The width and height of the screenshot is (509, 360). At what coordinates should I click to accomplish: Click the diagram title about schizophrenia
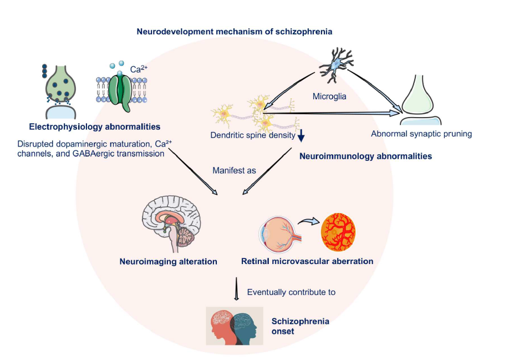235,32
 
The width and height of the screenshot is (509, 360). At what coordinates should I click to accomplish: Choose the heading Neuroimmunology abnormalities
365,156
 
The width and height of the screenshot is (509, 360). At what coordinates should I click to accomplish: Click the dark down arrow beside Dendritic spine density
301,136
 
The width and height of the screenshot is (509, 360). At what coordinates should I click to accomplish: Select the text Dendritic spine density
253,135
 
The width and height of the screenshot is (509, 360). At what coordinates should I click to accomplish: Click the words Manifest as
234,170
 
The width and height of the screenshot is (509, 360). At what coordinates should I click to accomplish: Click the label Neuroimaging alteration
168,261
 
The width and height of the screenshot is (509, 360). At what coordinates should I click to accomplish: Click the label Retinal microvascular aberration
307,261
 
